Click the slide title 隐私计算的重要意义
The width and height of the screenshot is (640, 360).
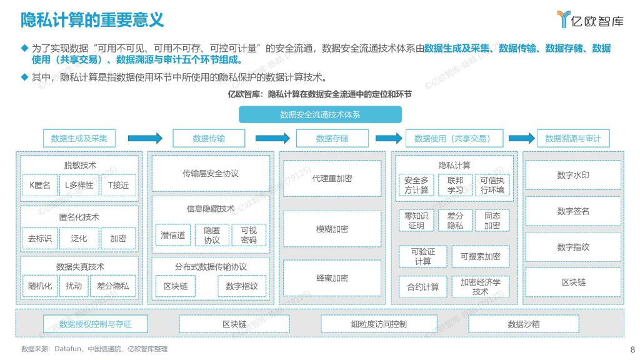coord(92,19)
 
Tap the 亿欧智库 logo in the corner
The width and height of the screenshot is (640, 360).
coord(590,19)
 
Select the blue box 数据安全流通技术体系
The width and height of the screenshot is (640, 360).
coord(320,115)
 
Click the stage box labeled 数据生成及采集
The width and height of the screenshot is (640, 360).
coord(79,138)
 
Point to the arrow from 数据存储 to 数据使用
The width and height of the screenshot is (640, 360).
coord(389,138)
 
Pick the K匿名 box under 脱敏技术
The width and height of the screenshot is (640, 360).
coord(40,185)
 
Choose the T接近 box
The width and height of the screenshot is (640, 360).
coord(118,185)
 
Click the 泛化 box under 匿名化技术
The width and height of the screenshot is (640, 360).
coord(79,238)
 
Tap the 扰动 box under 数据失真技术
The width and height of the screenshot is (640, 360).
coord(74,286)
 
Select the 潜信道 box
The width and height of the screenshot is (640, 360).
coord(173,235)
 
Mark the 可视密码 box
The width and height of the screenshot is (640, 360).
coord(249,235)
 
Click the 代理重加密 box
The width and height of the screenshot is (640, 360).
coord(332,178)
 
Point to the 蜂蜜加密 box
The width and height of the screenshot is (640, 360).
coord(332,278)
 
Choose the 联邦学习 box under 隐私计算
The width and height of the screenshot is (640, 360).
coord(455,185)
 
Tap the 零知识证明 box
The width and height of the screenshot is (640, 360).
coord(416,221)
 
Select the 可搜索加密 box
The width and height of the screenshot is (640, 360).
coord(481,256)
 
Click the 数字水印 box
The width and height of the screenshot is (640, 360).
coord(573,175)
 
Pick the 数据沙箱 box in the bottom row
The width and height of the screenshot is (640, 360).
coord(524,324)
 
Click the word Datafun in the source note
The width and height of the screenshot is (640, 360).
coord(67,349)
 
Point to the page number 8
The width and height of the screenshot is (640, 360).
coord(632,349)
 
